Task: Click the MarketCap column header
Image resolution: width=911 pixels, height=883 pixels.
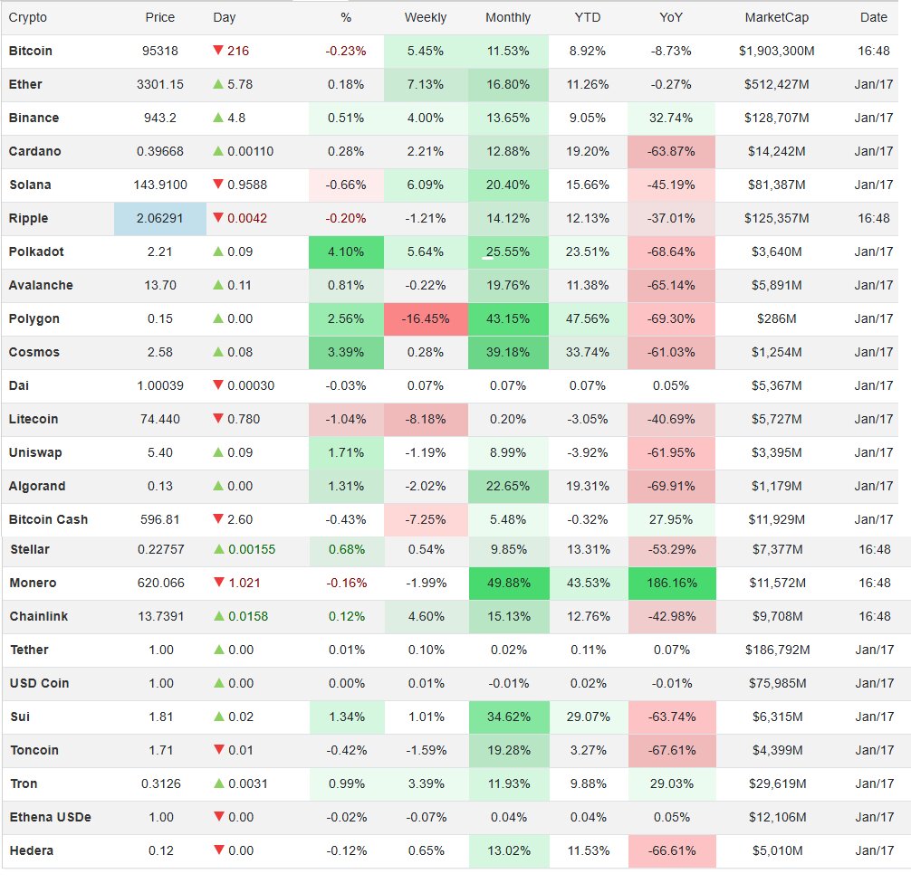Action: [776, 17]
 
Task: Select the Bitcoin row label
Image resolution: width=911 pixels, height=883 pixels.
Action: [31, 51]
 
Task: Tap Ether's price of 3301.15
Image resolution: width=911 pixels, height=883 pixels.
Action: [160, 84]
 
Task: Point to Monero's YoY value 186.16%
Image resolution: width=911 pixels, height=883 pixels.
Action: [671, 583]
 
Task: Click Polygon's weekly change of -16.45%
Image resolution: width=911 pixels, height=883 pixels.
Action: [425, 318]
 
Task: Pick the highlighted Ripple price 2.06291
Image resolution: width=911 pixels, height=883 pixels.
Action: [160, 218]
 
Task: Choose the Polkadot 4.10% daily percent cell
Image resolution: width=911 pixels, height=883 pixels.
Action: [346, 252]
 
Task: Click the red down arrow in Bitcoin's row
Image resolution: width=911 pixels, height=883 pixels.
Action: [218, 51]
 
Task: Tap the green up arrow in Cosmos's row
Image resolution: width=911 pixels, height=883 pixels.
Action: [218, 352]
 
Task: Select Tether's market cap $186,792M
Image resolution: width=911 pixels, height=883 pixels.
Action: [776, 650]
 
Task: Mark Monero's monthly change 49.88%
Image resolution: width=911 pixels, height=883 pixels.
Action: [508, 583]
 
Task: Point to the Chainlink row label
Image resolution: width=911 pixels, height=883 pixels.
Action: [38, 616]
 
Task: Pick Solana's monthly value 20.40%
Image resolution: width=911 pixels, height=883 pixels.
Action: [508, 185]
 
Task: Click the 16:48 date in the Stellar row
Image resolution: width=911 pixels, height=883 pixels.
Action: [874, 549]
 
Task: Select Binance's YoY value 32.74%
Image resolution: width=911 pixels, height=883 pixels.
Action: [671, 118]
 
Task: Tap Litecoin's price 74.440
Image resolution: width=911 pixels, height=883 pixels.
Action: [160, 419]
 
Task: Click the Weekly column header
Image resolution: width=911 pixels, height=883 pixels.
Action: [425, 17]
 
